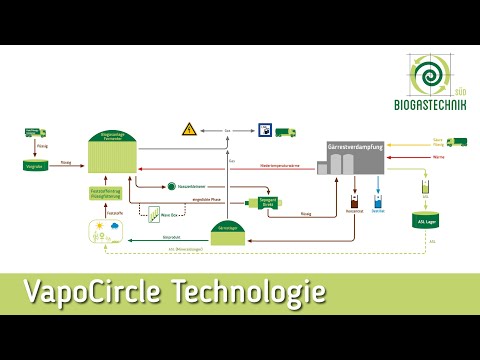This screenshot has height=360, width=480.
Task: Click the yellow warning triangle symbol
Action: [x=188, y=129]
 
